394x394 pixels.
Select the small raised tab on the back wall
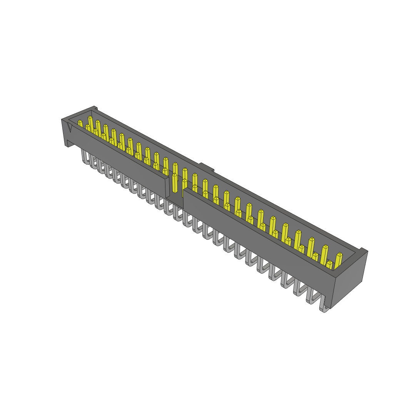pyautogui.click(x=207, y=167)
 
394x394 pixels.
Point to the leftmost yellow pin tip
pyautogui.click(x=80, y=123)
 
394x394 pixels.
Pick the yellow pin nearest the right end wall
pyautogui.click(x=339, y=260)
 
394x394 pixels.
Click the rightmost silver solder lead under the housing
pyautogui.click(x=324, y=306)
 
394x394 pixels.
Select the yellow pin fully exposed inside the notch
pyautogui.click(x=175, y=183)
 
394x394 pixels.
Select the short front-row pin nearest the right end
pyautogui.click(x=329, y=265)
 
